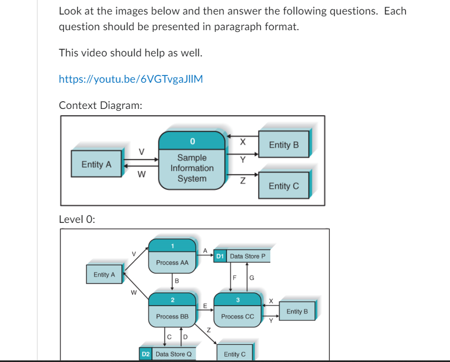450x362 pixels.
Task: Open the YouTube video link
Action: [130, 79]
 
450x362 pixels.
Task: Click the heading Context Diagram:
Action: [100, 105]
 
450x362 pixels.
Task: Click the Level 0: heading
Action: [77, 219]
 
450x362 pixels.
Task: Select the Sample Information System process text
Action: [192, 168]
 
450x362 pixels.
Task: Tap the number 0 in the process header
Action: [192, 140]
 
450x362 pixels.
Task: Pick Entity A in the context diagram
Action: [96, 165]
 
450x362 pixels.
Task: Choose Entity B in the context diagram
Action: [283, 145]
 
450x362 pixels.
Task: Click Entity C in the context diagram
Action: [283, 186]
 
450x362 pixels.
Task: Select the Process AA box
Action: [172, 262]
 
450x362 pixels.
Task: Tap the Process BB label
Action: [172, 316]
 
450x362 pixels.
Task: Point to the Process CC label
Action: [237, 316]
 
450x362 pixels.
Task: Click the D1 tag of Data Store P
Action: [220, 256]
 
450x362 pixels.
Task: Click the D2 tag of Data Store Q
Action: [146, 354]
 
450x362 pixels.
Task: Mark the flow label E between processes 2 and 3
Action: [205, 306]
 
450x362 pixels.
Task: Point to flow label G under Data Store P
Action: [251, 278]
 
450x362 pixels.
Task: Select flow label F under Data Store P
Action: [235, 278]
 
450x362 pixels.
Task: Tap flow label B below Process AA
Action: [177, 280]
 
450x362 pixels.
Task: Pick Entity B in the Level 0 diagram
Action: [297, 311]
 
